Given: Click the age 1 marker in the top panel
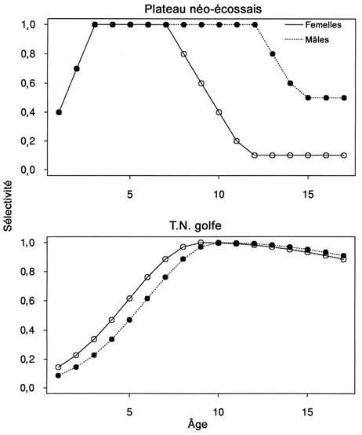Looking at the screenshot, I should [59, 112].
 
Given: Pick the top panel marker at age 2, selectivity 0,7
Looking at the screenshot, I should [77, 68].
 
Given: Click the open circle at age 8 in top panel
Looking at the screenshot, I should [184, 54].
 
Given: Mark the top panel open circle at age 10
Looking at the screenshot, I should [219, 112].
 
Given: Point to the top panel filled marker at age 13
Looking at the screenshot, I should [273, 54].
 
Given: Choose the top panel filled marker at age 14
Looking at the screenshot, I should [291, 83].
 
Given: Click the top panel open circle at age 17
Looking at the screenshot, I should [344, 155].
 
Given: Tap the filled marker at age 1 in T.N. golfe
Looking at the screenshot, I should [59, 375].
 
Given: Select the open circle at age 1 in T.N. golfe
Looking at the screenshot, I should [59, 367].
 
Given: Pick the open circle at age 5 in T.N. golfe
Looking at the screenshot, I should [130, 298].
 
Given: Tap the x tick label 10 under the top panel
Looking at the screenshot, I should [219, 189].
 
